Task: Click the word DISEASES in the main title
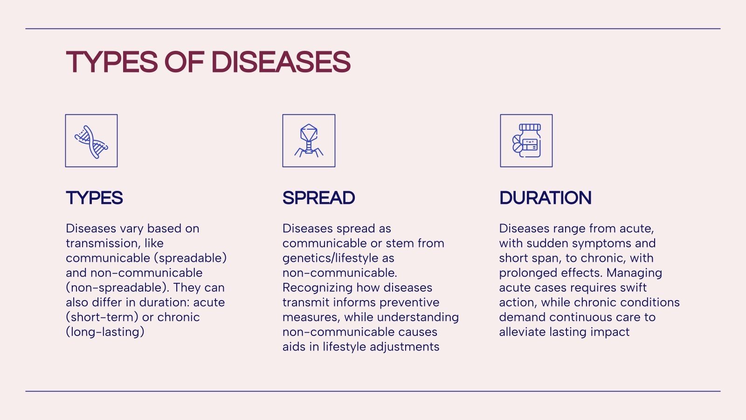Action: click(281, 62)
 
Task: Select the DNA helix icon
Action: click(91, 140)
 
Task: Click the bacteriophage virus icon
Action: click(309, 140)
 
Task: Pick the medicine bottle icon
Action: click(526, 140)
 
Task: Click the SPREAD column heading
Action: click(318, 198)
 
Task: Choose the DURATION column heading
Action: click(545, 198)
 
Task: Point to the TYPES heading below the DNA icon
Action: click(94, 198)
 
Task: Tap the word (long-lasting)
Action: click(105, 332)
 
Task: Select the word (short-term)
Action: click(102, 317)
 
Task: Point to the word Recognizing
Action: click(318, 287)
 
